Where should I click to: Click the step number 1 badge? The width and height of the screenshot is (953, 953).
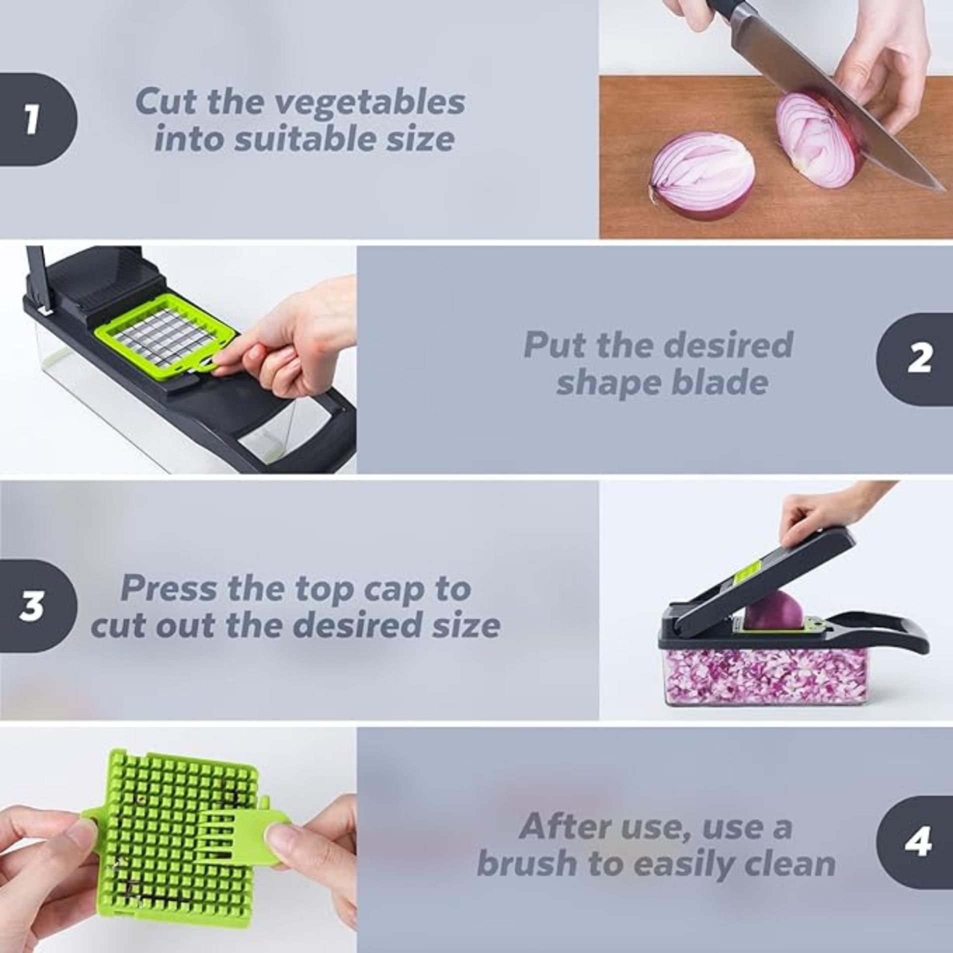click(32, 119)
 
